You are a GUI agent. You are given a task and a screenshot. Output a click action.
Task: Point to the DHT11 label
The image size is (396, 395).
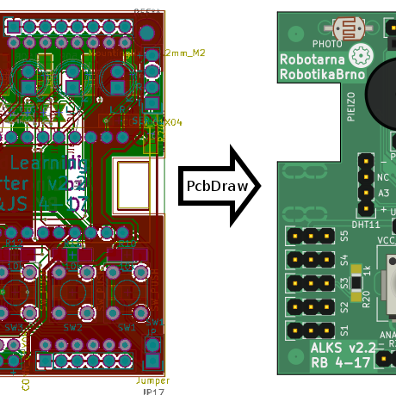coord(366,224)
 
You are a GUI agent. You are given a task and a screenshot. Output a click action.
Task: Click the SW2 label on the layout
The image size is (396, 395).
coord(72,328)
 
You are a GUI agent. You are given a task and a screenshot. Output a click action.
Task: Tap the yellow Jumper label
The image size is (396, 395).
coord(152,380)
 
